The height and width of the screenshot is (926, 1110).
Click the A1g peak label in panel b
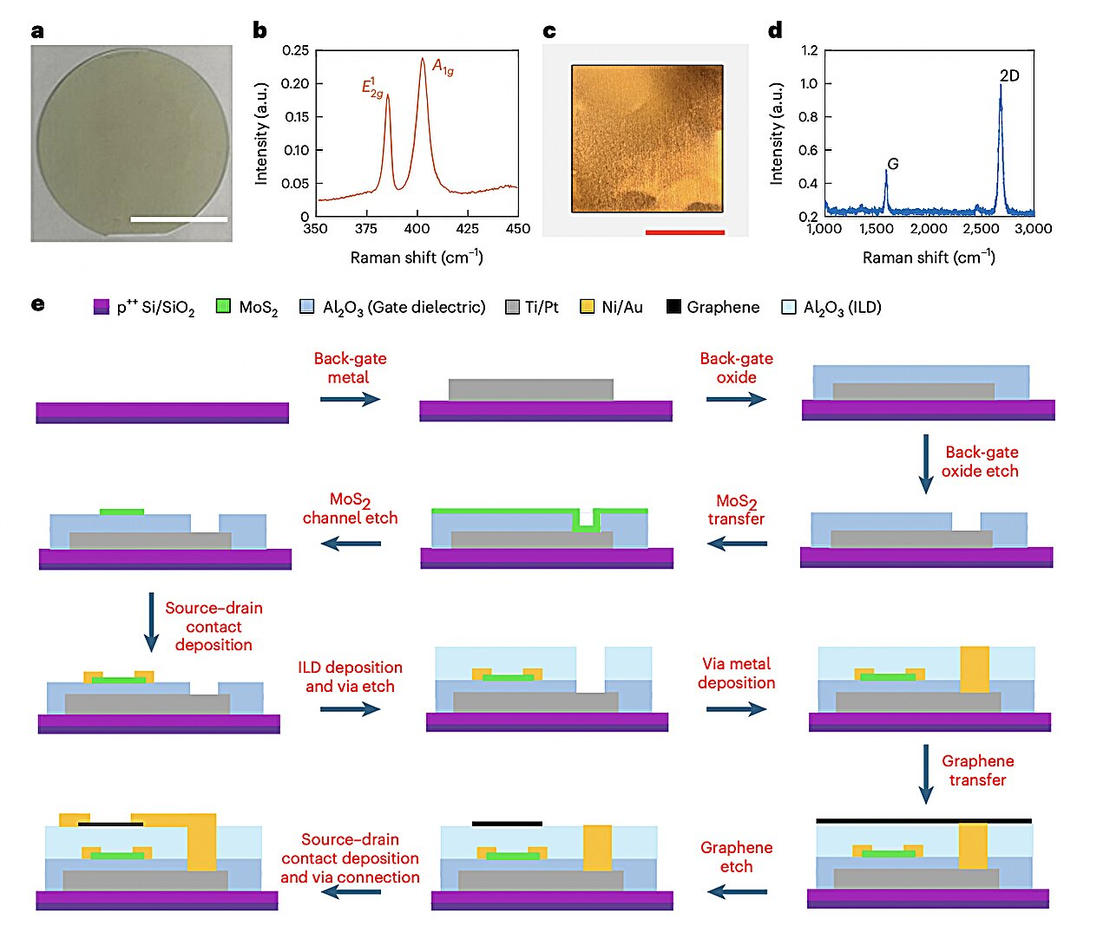443,67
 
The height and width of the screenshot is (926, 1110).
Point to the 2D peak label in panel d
1009,76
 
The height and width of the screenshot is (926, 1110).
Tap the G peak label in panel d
892,164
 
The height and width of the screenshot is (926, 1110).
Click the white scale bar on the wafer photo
179,219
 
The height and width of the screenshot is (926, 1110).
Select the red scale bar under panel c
685,232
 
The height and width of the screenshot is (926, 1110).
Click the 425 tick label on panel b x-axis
467,228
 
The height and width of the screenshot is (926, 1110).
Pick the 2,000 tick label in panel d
929,228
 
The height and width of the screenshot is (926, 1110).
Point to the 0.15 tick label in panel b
297,117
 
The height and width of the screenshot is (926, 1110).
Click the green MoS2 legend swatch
223,306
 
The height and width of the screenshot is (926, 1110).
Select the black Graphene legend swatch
673,306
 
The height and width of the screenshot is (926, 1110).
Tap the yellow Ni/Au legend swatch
588,306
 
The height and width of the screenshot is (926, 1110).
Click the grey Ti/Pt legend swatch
512,306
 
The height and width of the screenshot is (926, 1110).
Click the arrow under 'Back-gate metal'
350,399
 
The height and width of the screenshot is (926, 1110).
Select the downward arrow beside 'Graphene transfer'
926,774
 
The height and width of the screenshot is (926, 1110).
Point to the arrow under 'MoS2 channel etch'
351,544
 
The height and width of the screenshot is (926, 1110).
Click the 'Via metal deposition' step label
736,673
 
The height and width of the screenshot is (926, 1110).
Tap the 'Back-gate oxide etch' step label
981,461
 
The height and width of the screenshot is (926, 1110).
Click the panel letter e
37,304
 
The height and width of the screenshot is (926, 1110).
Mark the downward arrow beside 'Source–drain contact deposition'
151,622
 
